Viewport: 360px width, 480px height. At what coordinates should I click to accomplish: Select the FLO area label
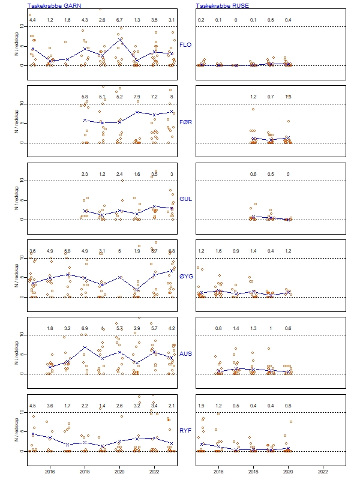tap(186, 44)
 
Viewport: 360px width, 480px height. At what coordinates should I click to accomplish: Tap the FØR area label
tap(186, 121)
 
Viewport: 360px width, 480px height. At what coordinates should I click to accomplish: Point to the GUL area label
tap(186, 198)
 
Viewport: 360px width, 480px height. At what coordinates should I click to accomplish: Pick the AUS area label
tap(186, 353)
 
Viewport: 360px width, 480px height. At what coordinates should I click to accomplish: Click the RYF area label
tap(186, 430)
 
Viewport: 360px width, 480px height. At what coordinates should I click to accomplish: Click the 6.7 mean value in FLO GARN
tap(119, 20)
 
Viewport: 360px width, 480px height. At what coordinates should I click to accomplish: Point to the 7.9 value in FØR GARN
tap(137, 97)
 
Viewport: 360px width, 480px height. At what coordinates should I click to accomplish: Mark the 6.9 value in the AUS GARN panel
tap(85, 329)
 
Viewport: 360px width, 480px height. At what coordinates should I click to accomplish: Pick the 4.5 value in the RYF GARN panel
tap(32, 406)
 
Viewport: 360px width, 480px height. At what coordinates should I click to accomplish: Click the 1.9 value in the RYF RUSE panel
tap(201, 406)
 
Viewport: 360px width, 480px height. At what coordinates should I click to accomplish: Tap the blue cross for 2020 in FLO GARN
tap(119, 40)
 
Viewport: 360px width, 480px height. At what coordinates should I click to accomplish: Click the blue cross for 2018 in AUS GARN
tap(85, 347)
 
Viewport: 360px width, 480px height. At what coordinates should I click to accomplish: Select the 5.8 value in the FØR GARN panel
tap(85, 97)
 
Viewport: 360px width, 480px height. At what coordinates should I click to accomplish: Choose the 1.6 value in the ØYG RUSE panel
tap(218, 251)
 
